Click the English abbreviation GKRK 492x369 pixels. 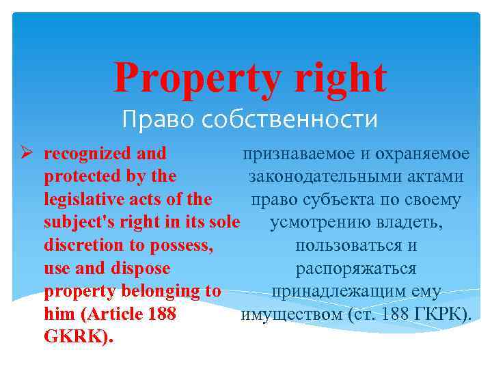pyautogui.click(x=74, y=338)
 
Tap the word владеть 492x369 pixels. pyautogui.click(x=406, y=223)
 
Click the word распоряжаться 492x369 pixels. pyautogui.click(x=356, y=269)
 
